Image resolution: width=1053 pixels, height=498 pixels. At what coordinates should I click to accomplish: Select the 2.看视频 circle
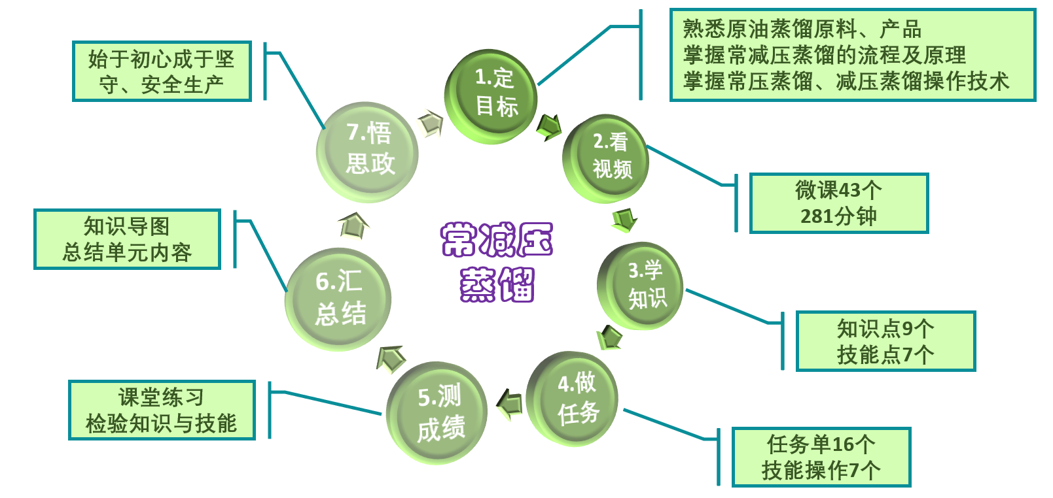click(606, 158)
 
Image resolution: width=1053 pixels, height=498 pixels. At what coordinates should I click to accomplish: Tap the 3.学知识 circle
click(641, 286)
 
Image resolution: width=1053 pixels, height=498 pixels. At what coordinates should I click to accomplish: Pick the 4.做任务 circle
click(572, 398)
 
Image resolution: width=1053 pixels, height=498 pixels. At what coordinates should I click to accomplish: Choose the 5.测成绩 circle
click(437, 412)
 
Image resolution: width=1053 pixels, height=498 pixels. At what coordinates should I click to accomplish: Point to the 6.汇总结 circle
click(338, 299)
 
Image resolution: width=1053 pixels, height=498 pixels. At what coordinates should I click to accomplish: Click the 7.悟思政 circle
click(367, 151)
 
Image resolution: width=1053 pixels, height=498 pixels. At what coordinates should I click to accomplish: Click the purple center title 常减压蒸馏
click(497, 261)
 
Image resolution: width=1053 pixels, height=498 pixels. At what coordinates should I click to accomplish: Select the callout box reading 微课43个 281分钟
click(838, 203)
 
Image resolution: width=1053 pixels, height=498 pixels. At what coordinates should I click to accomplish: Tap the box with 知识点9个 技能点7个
click(885, 341)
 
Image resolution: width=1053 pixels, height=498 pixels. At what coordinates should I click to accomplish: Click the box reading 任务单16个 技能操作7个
click(821, 457)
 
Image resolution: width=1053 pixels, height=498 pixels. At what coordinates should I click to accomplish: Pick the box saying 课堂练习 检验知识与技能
click(161, 410)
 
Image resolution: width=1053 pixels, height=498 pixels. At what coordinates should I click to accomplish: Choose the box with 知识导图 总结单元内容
click(127, 239)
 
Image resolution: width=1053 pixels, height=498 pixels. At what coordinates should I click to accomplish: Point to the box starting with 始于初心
click(161, 71)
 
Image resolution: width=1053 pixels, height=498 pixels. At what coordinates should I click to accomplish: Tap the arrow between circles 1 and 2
click(548, 126)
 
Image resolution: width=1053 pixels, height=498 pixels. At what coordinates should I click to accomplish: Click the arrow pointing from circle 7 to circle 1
click(430, 122)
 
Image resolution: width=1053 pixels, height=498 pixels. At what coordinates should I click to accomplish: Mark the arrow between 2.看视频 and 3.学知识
click(624, 220)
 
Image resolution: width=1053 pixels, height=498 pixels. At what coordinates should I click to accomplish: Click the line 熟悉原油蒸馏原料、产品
click(802, 29)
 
